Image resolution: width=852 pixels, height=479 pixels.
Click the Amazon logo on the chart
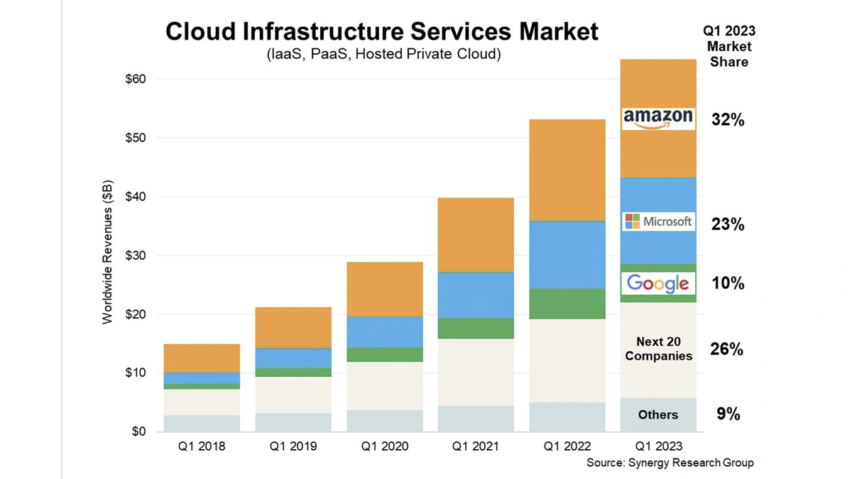tap(657, 119)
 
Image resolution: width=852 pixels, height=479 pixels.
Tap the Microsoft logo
tap(657, 221)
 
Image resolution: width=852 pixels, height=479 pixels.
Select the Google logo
tap(657, 283)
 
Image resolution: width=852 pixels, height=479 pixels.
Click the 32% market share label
tap(728, 121)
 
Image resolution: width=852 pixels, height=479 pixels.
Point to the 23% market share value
tap(728, 224)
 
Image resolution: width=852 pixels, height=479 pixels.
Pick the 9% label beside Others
tap(728, 414)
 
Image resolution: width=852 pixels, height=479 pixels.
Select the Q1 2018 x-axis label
tap(202, 446)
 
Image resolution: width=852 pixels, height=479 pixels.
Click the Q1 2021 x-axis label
tap(476, 446)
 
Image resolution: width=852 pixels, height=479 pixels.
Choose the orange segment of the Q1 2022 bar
tap(567, 170)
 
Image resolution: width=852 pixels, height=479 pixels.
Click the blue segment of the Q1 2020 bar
tap(384, 331)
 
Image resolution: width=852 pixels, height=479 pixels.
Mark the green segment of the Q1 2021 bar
tap(476, 328)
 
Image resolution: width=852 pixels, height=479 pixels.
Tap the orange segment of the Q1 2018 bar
tap(202, 358)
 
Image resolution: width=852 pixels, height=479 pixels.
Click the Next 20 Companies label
tap(658, 349)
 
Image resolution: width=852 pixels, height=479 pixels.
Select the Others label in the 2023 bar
tap(657, 414)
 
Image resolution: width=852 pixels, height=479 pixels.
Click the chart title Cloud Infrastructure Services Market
tap(382, 31)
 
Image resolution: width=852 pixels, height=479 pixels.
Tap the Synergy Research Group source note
tap(670, 463)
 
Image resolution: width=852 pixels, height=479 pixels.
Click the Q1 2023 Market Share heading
tap(728, 46)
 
